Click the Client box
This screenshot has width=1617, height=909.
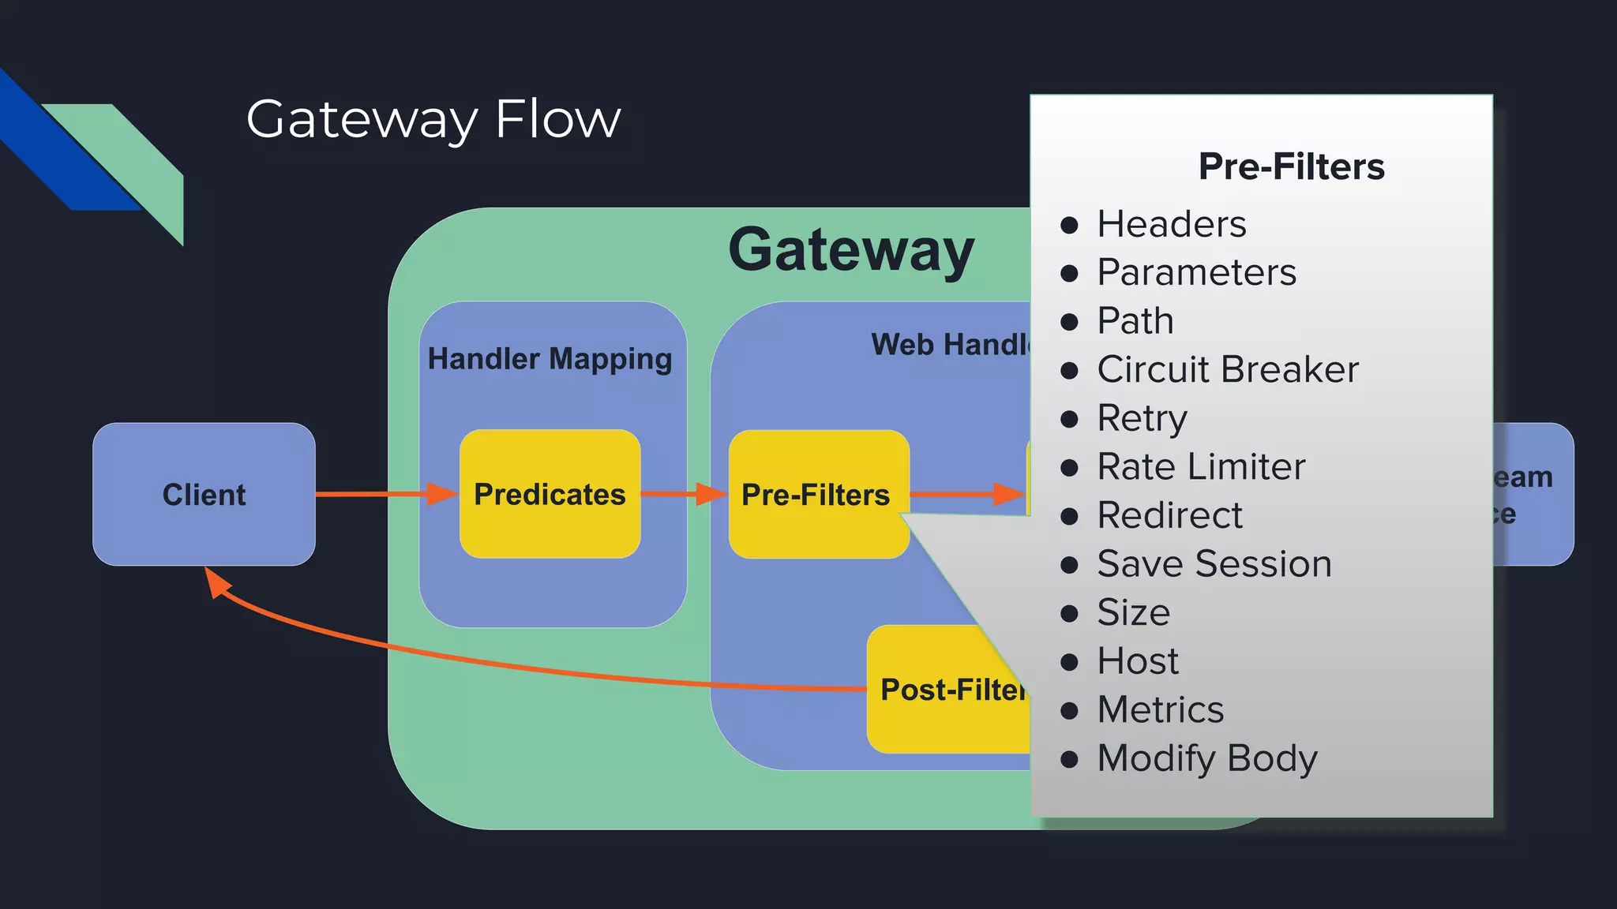(204, 495)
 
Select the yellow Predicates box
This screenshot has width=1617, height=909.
(550, 495)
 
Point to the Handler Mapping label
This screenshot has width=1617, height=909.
(550, 359)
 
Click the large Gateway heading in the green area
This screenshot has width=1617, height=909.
(851, 250)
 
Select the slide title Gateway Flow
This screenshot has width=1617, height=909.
(433, 120)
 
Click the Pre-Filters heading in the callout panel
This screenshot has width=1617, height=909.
(1291, 166)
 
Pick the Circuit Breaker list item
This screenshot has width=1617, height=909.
(1228, 369)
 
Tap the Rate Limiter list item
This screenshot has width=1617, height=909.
(1201, 466)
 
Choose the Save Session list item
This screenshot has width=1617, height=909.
(1214, 563)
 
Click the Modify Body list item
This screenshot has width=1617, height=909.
(1207, 758)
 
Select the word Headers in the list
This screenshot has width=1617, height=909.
(1172, 224)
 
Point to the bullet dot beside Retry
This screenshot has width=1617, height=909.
(1069, 419)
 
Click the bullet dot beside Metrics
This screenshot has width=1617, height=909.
(1069, 710)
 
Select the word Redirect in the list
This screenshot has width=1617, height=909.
(1169, 515)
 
